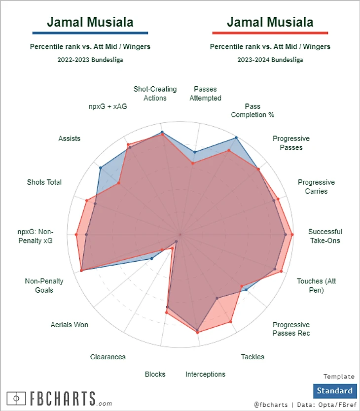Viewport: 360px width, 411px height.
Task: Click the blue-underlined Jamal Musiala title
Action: coord(90,22)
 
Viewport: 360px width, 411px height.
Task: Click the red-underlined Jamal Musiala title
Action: coord(270,22)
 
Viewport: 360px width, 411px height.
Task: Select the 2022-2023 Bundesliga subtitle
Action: coord(90,60)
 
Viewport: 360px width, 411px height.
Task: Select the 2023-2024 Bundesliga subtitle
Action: coord(270,60)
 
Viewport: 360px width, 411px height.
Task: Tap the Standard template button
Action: coord(334,391)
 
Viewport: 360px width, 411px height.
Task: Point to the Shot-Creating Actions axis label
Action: coord(155,94)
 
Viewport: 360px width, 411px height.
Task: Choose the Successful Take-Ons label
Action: coord(325,236)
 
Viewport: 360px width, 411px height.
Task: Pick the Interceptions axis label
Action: coord(205,374)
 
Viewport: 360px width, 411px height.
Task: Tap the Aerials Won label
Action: coord(70,325)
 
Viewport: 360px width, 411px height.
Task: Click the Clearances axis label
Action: coord(108,357)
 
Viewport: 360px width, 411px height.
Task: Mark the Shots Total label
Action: coord(44,182)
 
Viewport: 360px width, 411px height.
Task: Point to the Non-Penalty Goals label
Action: coord(44,286)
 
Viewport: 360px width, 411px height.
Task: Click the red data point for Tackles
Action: coord(230,322)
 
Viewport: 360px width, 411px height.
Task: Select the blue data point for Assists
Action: coord(101,168)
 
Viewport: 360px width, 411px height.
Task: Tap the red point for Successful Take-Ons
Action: coord(292,235)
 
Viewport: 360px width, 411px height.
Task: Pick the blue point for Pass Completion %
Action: coord(236,138)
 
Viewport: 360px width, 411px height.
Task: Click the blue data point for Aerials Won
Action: coord(151,258)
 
